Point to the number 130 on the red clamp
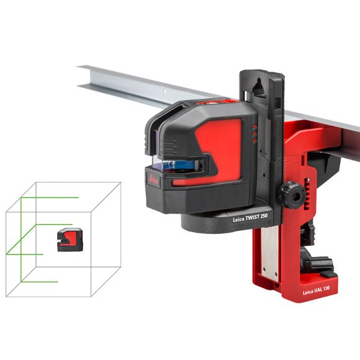click(326, 289)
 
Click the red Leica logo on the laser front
click(153, 179)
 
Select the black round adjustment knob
click(292, 194)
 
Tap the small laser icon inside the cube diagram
click(70, 240)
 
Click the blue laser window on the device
click(181, 165)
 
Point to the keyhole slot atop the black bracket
click(259, 87)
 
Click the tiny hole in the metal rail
click(164, 91)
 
